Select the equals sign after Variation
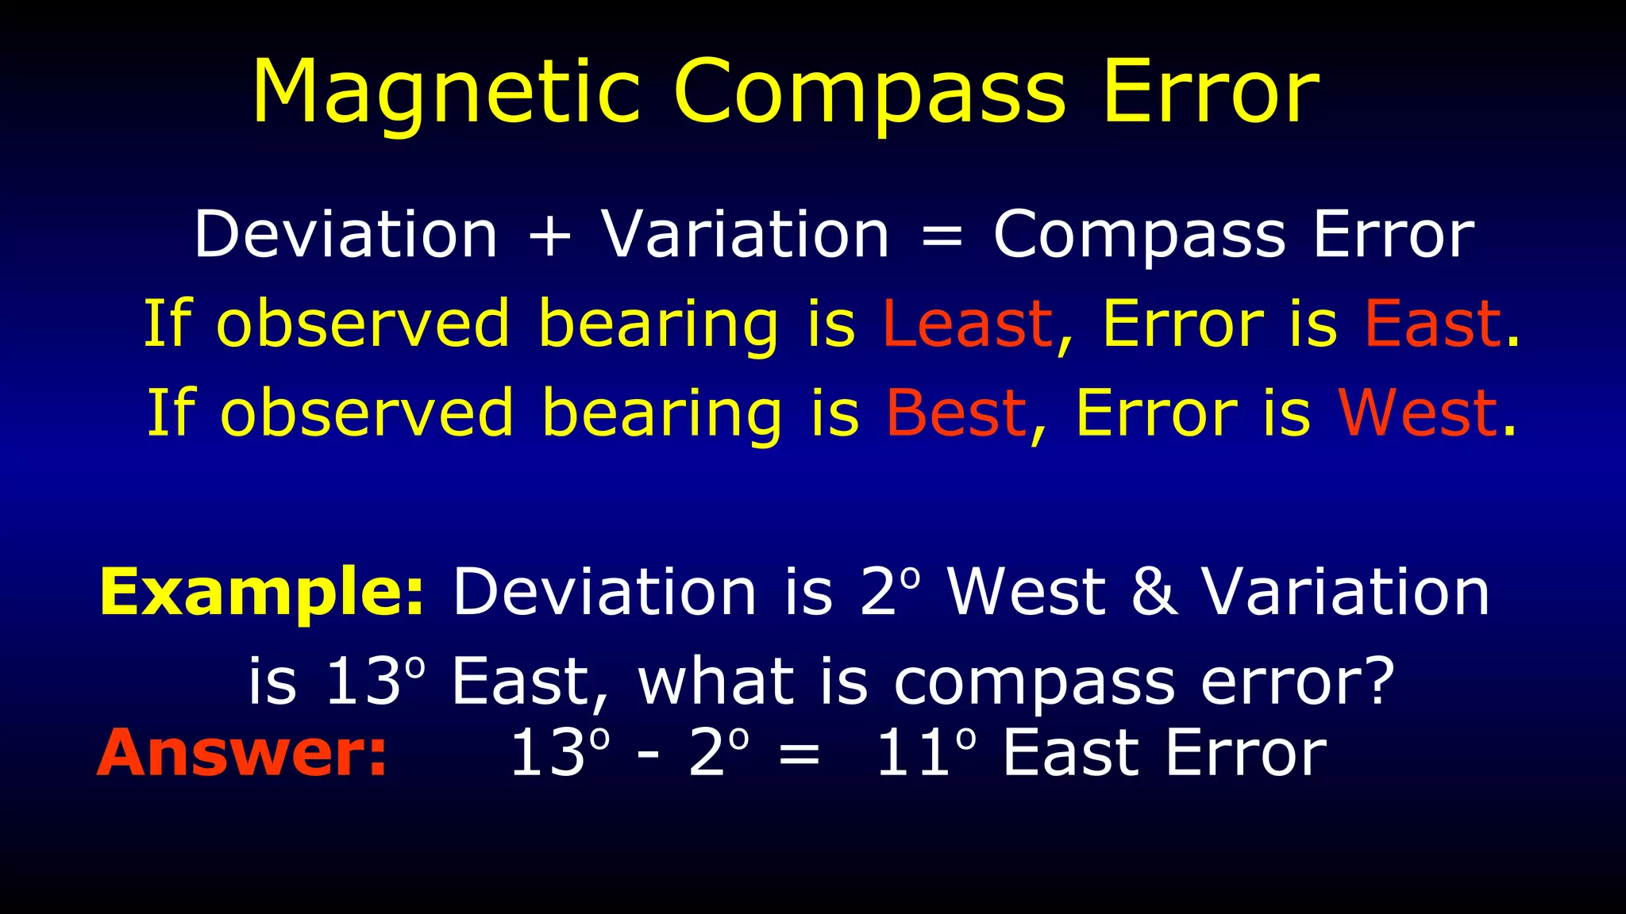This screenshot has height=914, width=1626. coord(942,236)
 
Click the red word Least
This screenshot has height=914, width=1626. coord(967,324)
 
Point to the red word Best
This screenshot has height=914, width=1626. coord(956,413)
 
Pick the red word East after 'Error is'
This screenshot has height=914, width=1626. coord(1432,324)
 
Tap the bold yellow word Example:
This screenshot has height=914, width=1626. coord(263,593)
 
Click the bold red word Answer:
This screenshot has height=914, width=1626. coord(242,753)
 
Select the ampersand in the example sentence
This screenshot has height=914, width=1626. coord(1154,593)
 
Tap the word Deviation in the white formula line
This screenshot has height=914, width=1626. coord(346,236)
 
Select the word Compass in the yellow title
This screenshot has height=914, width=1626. coord(869,94)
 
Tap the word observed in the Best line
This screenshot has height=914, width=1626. coord(367,413)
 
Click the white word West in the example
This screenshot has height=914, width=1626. coord(1026,593)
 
